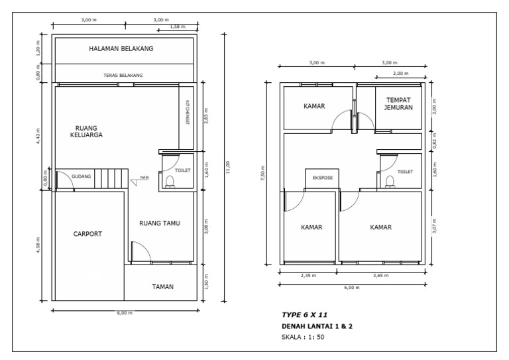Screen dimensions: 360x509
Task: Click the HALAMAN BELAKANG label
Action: (x=121, y=49)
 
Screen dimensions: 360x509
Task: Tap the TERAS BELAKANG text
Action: (x=123, y=75)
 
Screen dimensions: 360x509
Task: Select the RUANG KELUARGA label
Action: (x=85, y=131)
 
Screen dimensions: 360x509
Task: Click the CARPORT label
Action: (x=87, y=234)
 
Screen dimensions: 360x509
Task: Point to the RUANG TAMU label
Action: (x=160, y=223)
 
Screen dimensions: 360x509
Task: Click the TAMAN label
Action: (x=162, y=287)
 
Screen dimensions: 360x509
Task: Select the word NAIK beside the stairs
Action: (x=144, y=178)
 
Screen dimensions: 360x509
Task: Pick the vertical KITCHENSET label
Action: (x=187, y=113)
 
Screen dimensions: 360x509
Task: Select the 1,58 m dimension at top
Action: (x=178, y=27)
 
